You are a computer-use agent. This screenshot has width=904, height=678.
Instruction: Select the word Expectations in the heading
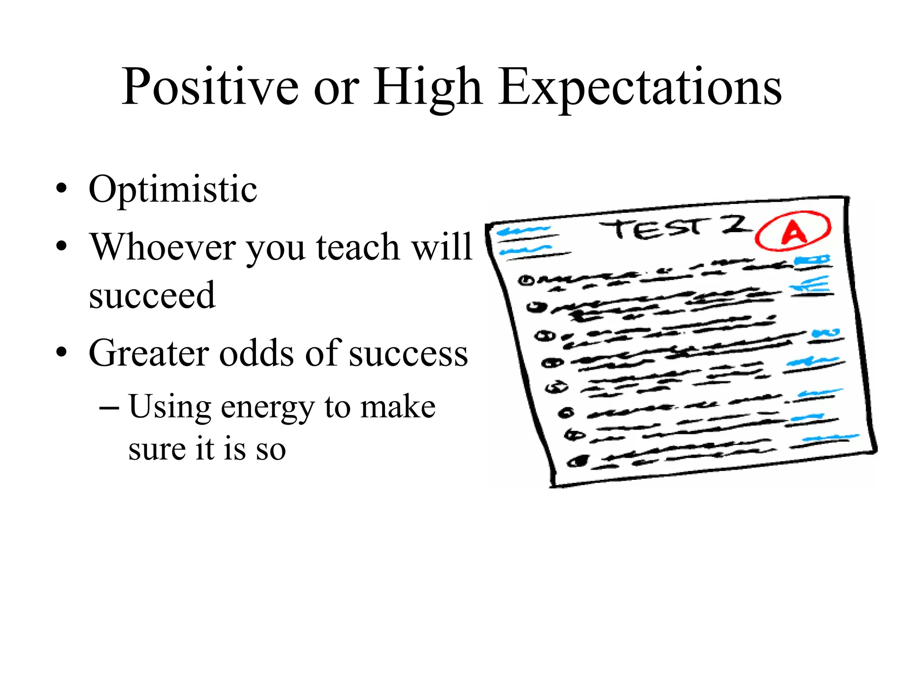point(640,87)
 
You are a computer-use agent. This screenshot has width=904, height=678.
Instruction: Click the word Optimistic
point(173,190)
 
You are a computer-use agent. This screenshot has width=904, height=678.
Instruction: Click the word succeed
point(152,294)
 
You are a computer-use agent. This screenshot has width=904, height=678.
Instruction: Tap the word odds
point(256,353)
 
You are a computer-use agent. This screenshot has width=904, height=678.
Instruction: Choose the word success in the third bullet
point(408,353)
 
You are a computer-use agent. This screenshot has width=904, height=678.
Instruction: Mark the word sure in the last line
point(157,449)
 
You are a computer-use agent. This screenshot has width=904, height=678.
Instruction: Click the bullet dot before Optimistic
point(62,190)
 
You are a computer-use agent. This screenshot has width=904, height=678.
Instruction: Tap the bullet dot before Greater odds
point(62,353)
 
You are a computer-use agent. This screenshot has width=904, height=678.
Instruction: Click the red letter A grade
point(793,232)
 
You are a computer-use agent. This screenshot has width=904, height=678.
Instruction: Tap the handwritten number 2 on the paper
point(735,225)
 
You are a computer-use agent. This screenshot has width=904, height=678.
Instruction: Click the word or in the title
point(336,87)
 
